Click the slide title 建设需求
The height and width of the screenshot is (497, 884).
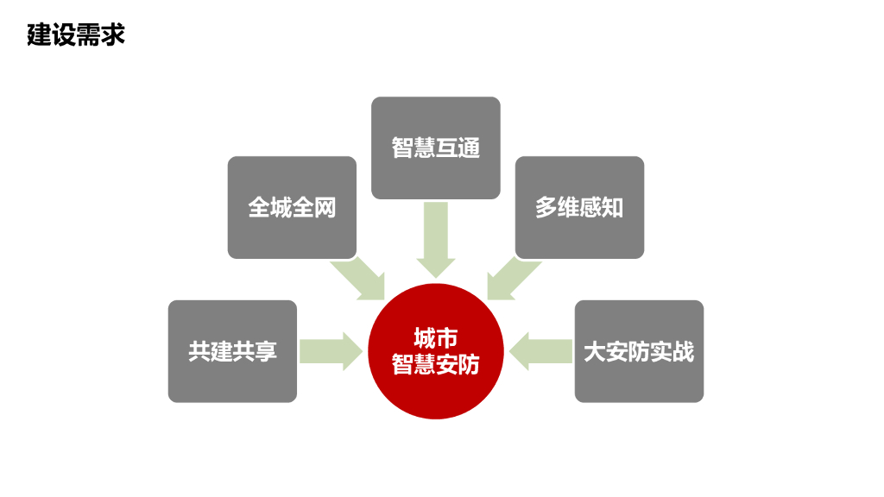(76, 35)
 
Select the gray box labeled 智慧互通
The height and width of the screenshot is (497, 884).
(435, 148)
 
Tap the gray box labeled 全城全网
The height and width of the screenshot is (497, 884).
(292, 207)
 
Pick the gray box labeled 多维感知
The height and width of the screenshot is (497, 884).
(579, 207)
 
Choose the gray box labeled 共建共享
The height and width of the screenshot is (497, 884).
(232, 351)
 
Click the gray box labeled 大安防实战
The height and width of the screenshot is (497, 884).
(639, 351)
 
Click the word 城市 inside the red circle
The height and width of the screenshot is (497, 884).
(435, 337)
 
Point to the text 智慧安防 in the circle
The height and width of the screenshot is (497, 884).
(435, 364)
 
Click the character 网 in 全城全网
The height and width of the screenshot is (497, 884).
(325, 207)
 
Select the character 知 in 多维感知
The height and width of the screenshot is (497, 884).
(612, 207)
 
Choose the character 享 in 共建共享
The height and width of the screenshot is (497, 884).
(266, 351)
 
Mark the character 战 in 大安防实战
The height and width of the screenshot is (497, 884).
(683, 351)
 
